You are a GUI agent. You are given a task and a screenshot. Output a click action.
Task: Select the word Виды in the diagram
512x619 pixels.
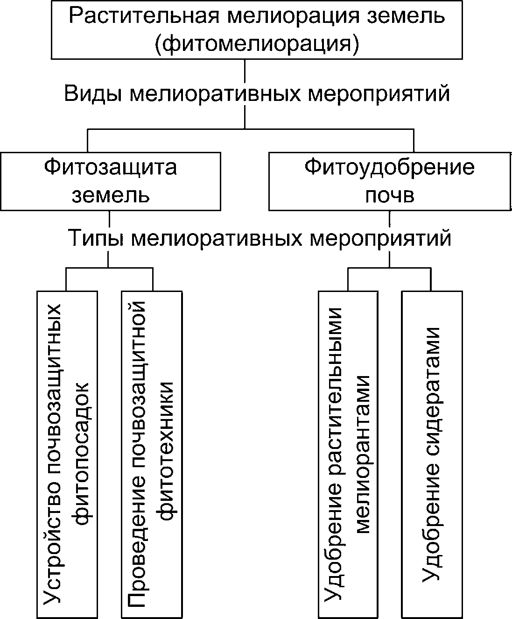pos(92,93)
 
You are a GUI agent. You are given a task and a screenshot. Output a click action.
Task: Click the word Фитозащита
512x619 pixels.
pos(111,167)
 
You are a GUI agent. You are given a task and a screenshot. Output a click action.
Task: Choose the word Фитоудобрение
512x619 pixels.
pos(389,167)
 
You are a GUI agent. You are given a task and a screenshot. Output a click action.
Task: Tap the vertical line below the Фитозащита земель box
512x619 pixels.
pos(109,220)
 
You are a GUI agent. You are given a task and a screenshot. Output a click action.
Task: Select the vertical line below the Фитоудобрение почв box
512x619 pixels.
pos(389,220)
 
